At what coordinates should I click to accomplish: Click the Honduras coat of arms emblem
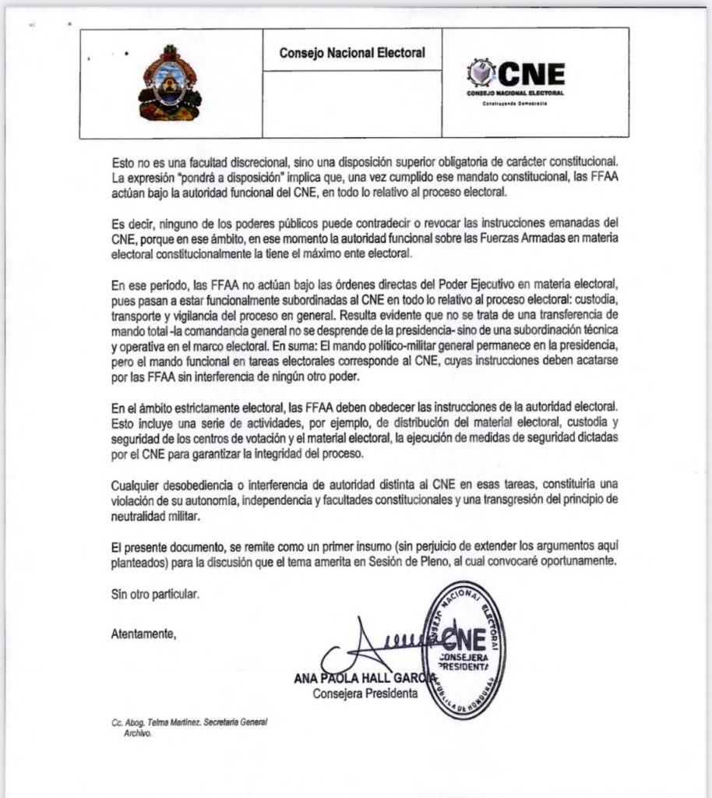[x=170, y=83]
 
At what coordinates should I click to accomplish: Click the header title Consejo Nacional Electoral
[x=352, y=53]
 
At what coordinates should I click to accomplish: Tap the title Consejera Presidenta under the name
[x=365, y=693]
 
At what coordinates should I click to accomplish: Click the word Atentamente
[x=143, y=634]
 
